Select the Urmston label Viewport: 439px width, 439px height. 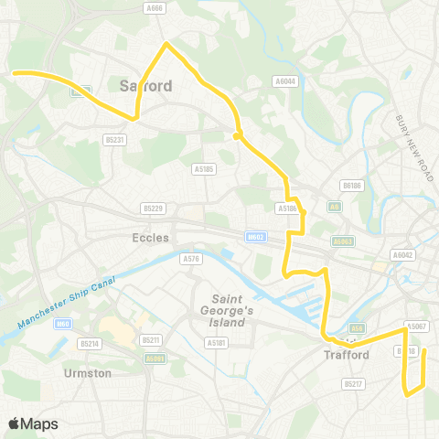tap(88, 373)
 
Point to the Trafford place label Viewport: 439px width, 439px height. tap(346, 356)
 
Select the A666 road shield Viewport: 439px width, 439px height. tap(155, 7)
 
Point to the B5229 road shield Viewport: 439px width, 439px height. tap(154, 209)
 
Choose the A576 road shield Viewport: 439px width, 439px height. tap(190, 259)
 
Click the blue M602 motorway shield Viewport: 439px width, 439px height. tap(256, 237)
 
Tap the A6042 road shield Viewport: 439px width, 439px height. tap(402, 255)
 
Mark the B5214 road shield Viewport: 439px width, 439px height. tap(89, 343)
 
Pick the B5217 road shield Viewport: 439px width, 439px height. tap(354, 383)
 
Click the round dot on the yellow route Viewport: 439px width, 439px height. tap(237, 136)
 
